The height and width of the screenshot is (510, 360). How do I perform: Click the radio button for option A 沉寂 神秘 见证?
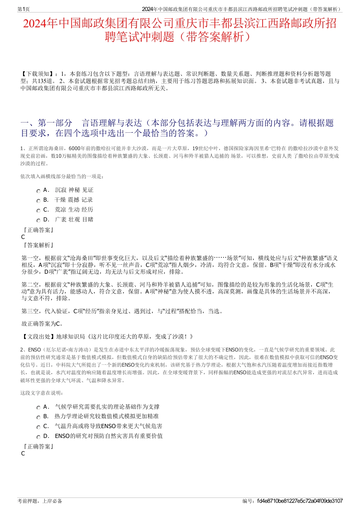point(38,191)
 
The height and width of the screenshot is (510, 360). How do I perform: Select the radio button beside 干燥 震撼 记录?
point(38,201)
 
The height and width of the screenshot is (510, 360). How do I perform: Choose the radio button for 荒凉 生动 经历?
point(38,211)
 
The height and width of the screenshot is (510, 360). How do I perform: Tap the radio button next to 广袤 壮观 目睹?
point(38,221)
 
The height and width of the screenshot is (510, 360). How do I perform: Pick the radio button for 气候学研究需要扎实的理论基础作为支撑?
point(38,408)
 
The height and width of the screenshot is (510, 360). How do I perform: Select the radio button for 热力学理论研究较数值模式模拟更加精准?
point(38,417)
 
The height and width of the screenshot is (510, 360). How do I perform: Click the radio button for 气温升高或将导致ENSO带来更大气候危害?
point(38,427)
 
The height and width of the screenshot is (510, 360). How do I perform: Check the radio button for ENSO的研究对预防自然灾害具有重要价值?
point(38,437)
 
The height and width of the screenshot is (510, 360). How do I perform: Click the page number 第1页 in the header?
point(23,9)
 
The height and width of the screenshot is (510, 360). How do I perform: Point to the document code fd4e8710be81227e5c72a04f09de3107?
point(299,501)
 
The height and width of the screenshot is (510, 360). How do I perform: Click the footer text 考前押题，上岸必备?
point(40,501)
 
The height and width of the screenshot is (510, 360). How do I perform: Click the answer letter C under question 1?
point(23,237)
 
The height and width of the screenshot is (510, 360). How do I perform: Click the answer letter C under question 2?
point(23,454)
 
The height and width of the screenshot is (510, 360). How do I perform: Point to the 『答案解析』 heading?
point(38,245)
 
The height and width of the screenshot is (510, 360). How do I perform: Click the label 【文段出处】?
point(38,336)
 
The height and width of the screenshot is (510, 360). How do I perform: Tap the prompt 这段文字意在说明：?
point(42,393)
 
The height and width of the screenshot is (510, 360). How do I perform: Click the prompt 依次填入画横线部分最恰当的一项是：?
point(62,176)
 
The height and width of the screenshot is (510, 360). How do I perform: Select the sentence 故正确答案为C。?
point(42,324)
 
